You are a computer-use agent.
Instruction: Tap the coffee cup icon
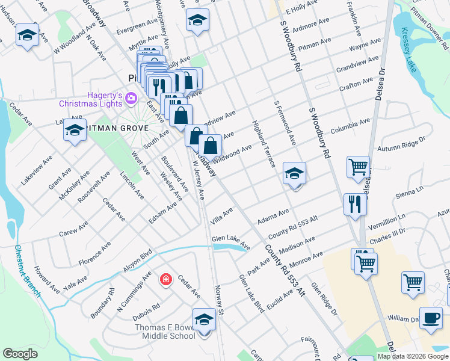(x=430, y=318)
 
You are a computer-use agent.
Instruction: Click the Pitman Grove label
(x=112, y=128)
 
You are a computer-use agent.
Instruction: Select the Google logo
(x=20, y=354)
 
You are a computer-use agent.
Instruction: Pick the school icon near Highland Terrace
(x=294, y=174)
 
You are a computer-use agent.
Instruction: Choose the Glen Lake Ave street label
(x=230, y=242)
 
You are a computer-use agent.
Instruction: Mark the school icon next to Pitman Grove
(x=75, y=131)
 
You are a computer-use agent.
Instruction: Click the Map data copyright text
(x=413, y=356)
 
